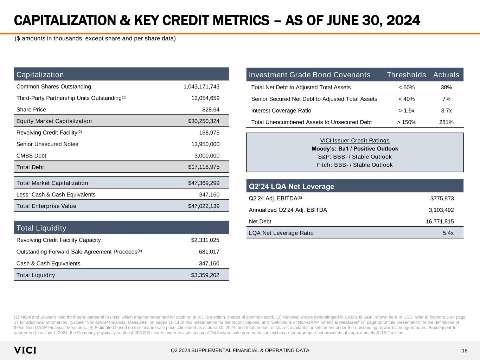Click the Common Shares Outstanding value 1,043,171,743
pos(201,87)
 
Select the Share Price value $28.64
pos(211,110)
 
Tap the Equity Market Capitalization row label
pos(54,121)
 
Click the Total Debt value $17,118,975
pos(204,167)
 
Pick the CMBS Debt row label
pos(31,156)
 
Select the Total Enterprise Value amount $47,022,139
pos(204,206)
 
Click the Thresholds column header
pos(406,75)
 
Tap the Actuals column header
pos(446,75)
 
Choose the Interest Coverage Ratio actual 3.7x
pos(446,111)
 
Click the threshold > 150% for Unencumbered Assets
pos(407,122)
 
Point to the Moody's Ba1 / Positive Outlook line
pos(355,149)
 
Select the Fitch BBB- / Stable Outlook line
pos(355,165)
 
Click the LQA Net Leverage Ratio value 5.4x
pos(448,233)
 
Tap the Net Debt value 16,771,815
pos(437,221)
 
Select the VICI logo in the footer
pos(25,351)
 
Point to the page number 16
pos(465,351)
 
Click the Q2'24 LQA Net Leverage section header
pos(292,186)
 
